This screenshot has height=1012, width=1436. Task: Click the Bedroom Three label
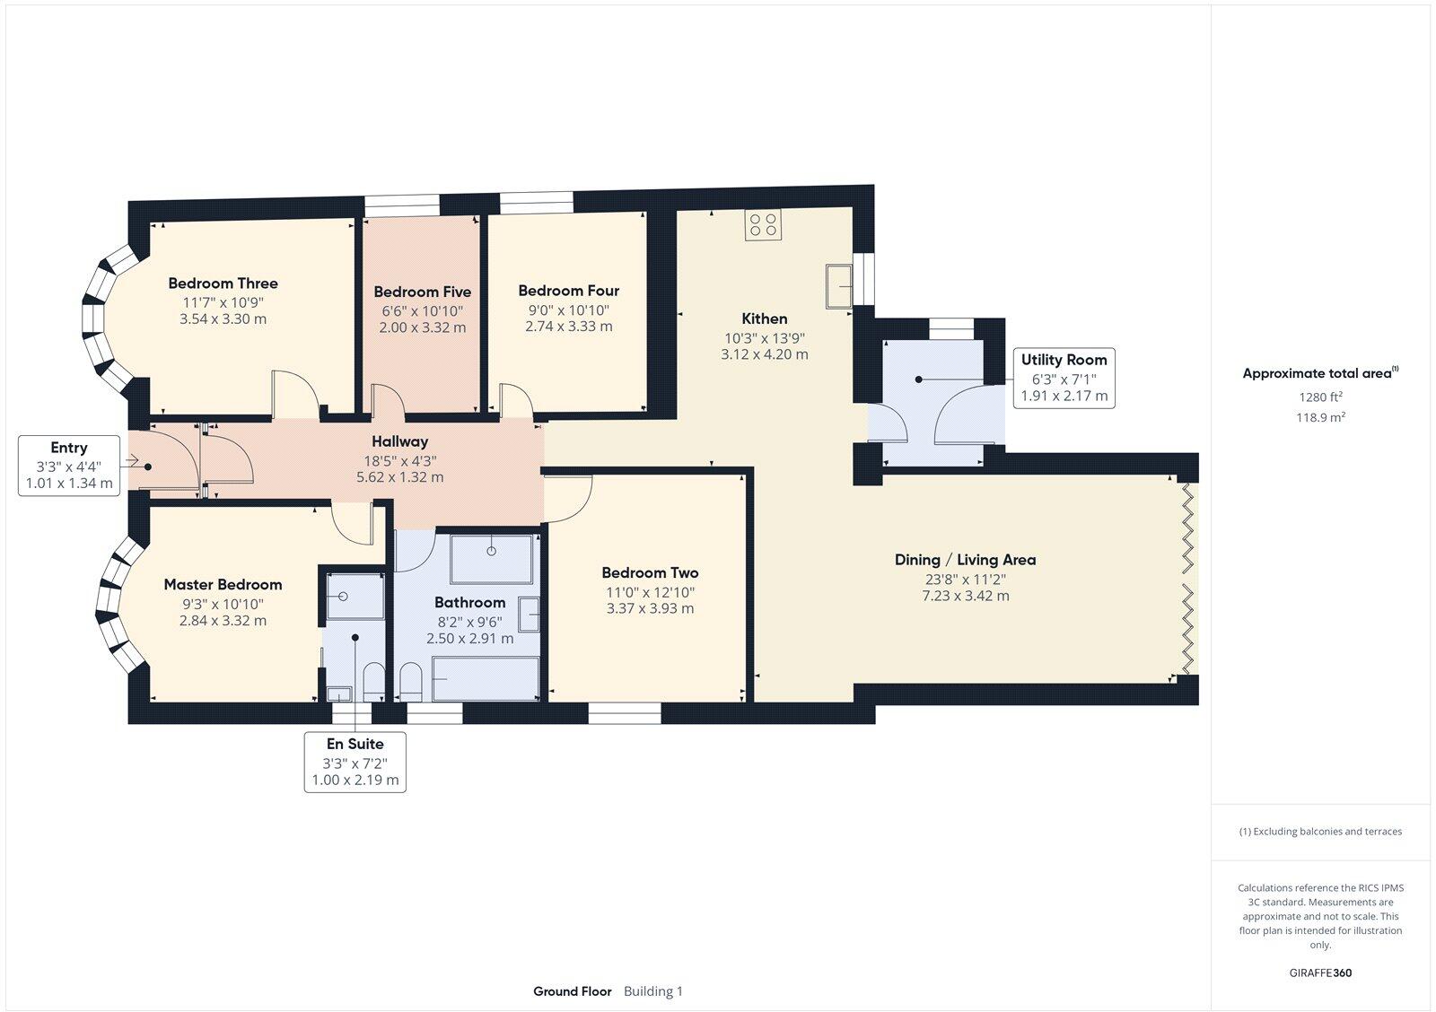[223, 284]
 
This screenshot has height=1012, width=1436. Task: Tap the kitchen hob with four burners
[763, 224]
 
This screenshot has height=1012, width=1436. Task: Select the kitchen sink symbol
[839, 286]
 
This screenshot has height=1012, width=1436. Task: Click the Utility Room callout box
[1064, 378]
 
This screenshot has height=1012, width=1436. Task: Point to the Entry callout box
[69, 465]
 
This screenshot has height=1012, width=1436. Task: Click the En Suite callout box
[354, 762]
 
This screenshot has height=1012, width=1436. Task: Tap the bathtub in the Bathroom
[486, 678]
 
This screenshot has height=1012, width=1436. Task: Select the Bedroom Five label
[422, 292]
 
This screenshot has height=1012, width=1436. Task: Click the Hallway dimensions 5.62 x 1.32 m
[400, 477]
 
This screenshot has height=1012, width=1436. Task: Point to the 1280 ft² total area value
[1320, 397]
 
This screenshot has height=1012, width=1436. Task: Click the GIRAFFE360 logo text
[1320, 973]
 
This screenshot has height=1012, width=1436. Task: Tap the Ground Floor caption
[572, 991]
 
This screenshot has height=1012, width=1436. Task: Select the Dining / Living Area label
[965, 560]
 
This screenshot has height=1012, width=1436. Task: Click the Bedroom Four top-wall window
[536, 203]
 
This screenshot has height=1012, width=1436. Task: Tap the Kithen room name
[764, 318]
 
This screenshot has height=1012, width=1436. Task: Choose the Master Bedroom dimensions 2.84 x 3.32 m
[223, 621]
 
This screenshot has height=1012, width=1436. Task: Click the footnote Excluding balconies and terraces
[1320, 832]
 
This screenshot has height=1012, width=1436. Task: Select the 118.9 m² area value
[1320, 417]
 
